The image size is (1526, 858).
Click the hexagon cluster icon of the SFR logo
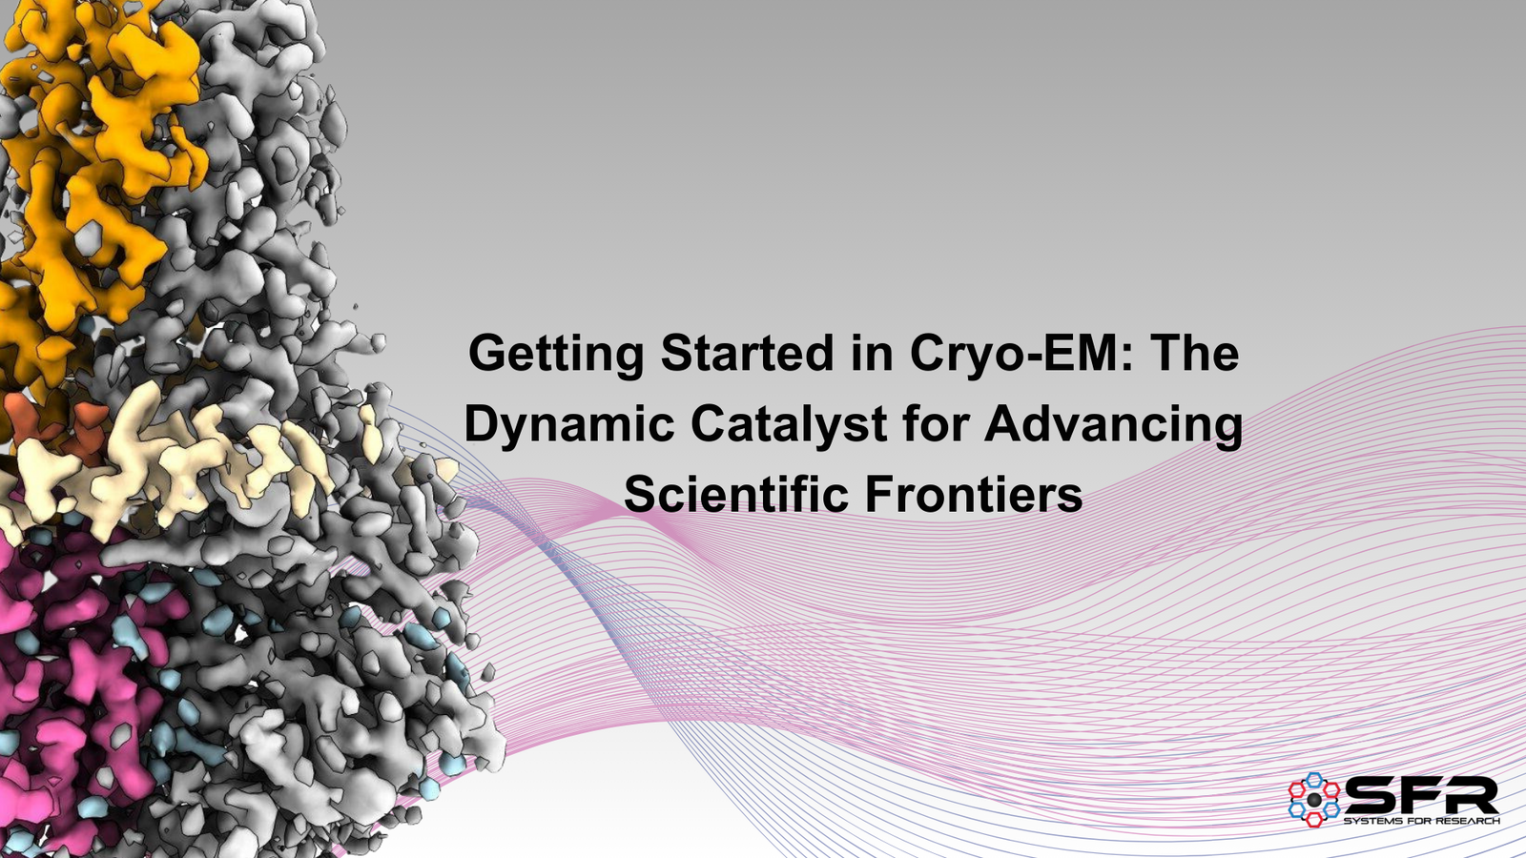(x=1314, y=799)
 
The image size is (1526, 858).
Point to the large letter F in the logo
(x=1425, y=796)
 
